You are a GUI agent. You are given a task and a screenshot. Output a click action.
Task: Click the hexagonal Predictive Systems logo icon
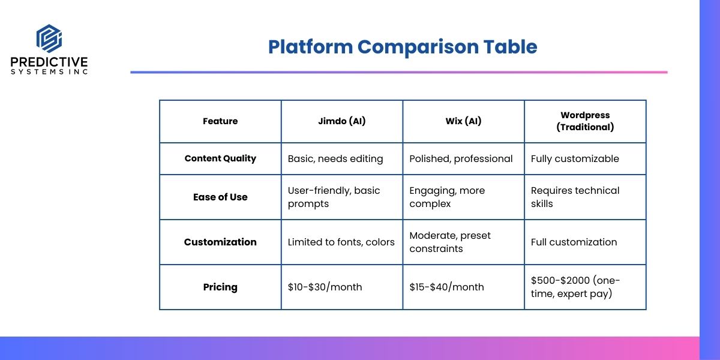click(49, 38)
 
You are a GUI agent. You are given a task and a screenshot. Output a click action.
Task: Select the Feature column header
click(220, 121)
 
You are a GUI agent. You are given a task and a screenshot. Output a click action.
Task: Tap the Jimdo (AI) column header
click(341, 121)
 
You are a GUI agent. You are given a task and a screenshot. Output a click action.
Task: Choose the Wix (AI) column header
click(463, 121)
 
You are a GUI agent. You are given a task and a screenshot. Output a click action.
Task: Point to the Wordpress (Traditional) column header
click(585, 121)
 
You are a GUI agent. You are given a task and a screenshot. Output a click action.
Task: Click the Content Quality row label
click(220, 158)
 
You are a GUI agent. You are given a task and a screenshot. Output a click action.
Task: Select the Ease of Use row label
click(220, 197)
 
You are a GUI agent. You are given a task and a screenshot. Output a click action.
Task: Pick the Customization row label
click(220, 242)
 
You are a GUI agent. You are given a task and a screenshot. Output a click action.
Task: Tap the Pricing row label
click(220, 287)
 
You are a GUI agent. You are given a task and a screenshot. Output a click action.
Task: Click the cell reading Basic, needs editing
click(335, 159)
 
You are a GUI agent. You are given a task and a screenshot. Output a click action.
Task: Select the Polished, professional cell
click(461, 159)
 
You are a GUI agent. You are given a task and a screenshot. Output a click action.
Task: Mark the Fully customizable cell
click(575, 159)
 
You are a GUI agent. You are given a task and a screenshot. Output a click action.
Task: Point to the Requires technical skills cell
click(575, 197)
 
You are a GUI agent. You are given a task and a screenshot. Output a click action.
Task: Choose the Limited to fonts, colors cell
click(341, 242)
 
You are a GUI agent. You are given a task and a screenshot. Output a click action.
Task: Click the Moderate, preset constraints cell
click(450, 242)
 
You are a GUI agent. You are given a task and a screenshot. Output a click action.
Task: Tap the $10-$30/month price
click(325, 287)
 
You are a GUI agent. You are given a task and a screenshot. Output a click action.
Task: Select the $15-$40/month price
click(446, 287)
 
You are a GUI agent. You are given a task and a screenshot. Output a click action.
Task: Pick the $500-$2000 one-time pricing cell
click(575, 287)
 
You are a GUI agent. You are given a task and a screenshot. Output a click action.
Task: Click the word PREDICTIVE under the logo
click(49, 62)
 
